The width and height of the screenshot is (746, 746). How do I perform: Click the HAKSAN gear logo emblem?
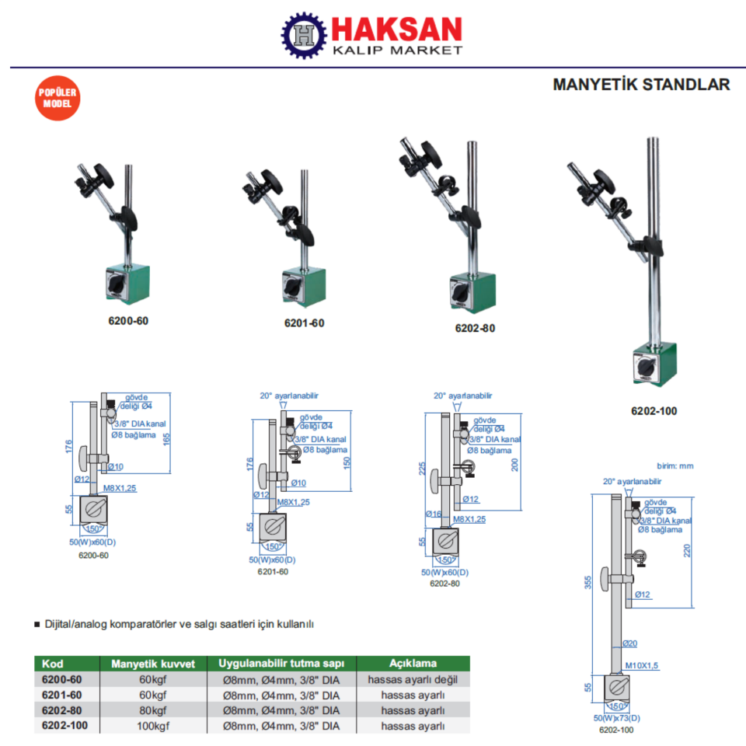click(x=305, y=34)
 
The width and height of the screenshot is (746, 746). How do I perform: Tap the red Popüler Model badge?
click(x=58, y=98)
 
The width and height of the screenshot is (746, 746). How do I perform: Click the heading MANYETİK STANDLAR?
click(x=641, y=85)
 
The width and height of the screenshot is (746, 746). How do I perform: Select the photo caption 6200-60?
click(x=128, y=320)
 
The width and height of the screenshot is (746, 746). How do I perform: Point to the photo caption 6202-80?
click(x=475, y=328)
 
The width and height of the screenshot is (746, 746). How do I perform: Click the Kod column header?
click(x=53, y=664)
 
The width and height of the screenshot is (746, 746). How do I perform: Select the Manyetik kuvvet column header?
click(x=159, y=664)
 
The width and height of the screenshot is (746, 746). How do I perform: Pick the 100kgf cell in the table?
click(x=153, y=726)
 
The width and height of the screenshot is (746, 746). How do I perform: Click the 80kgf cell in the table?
click(x=153, y=710)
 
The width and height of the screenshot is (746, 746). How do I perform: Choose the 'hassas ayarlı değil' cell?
click(x=413, y=679)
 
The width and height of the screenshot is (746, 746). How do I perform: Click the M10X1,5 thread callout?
click(x=642, y=666)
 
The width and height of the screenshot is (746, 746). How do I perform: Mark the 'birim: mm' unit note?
click(x=675, y=466)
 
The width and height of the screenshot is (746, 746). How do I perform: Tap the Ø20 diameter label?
click(x=629, y=643)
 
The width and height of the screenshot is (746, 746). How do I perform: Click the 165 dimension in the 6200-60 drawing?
click(x=166, y=438)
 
